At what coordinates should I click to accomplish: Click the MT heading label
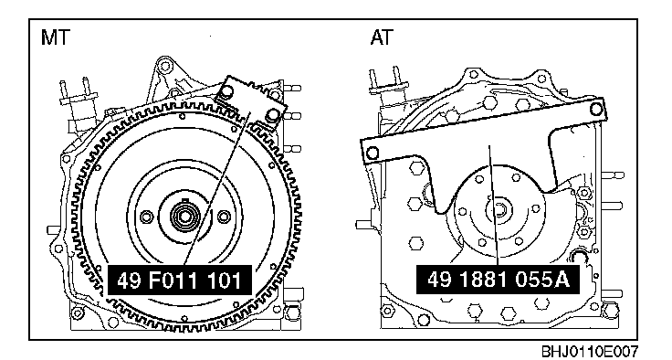coord(55,37)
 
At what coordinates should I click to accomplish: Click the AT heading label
coord(382,37)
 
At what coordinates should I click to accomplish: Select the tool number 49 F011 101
coord(179,281)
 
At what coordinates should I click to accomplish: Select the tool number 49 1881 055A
coord(499,280)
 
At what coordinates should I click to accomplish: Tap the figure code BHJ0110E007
coord(589,351)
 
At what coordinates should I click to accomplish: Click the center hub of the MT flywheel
coord(184,216)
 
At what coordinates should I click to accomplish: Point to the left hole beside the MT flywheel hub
coord(146,217)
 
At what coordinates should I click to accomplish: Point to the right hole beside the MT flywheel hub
coord(224,217)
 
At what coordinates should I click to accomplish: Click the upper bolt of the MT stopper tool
coord(227,91)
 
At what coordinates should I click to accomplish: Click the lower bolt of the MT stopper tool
coord(273,115)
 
